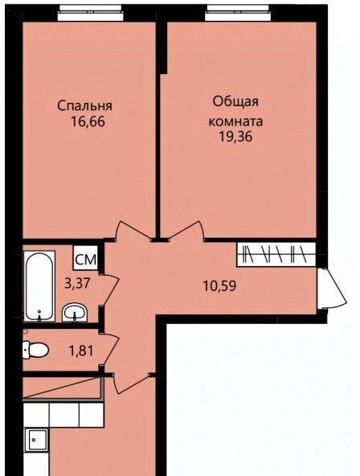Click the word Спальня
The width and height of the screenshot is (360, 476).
coord(84,106)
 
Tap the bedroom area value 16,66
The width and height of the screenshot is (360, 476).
coord(88,122)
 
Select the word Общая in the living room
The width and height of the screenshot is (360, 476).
coord(235,102)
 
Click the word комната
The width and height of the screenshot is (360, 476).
coord(235,121)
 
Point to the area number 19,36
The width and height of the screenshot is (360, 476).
coord(236,137)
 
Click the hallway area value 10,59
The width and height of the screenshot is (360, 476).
coord(219,286)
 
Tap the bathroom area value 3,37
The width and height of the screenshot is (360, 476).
coord(77,284)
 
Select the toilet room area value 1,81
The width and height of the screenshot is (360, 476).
coord(81,351)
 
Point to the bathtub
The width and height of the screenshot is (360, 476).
coord(39,286)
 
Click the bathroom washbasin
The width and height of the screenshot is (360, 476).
coord(75,313)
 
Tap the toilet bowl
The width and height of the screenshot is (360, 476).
coord(35,351)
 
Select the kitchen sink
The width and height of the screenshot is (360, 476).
coord(38,440)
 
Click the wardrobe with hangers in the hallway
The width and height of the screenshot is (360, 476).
coord(276,254)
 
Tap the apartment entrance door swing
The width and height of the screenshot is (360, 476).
coord(333,289)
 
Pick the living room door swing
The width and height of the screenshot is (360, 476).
coord(185,231)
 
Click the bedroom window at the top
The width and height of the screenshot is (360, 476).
coord(90,13)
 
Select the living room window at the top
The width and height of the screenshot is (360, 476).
coord(238,13)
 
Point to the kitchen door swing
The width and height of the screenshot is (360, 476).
coord(130,383)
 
